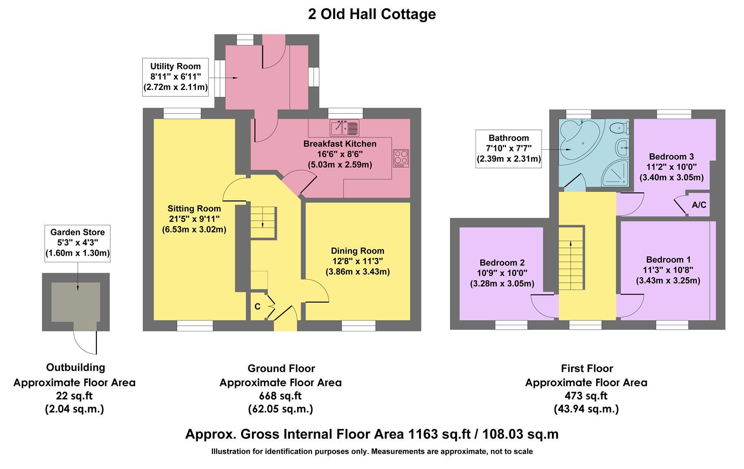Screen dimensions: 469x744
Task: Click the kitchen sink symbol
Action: pyautogui.click(x=344, y=128)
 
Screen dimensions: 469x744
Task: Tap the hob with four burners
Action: pyautogui.click(x=401, y=158)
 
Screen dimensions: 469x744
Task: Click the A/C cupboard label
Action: pyautogui.click(x=699, y=205)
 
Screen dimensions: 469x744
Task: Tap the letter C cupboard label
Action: pyautogui.click(x=257, y=307)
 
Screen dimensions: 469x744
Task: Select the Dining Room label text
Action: pyautogui.click(x=357, y=251)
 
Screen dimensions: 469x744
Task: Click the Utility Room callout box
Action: pyautogui.click(x=175, y=77)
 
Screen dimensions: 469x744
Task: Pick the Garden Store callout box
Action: pyautogui.click(x=77, y=243)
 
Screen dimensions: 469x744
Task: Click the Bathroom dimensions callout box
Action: pyautogui.click(x=509, y=149)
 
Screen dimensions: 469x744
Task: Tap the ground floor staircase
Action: pyautogui.click(x=263, y=222)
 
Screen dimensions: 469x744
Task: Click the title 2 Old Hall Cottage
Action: pyautogui.click(x=372, y=14)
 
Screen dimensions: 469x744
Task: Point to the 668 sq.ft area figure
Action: pyautogui.click(x=280, y=396)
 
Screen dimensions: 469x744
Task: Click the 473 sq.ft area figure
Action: pyautogui.click(x=586, y=396)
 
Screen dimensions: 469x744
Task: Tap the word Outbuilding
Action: pyautogui.click(x=76, y=367)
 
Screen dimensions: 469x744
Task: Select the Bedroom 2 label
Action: pyautogui.click(x=502, y=263)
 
